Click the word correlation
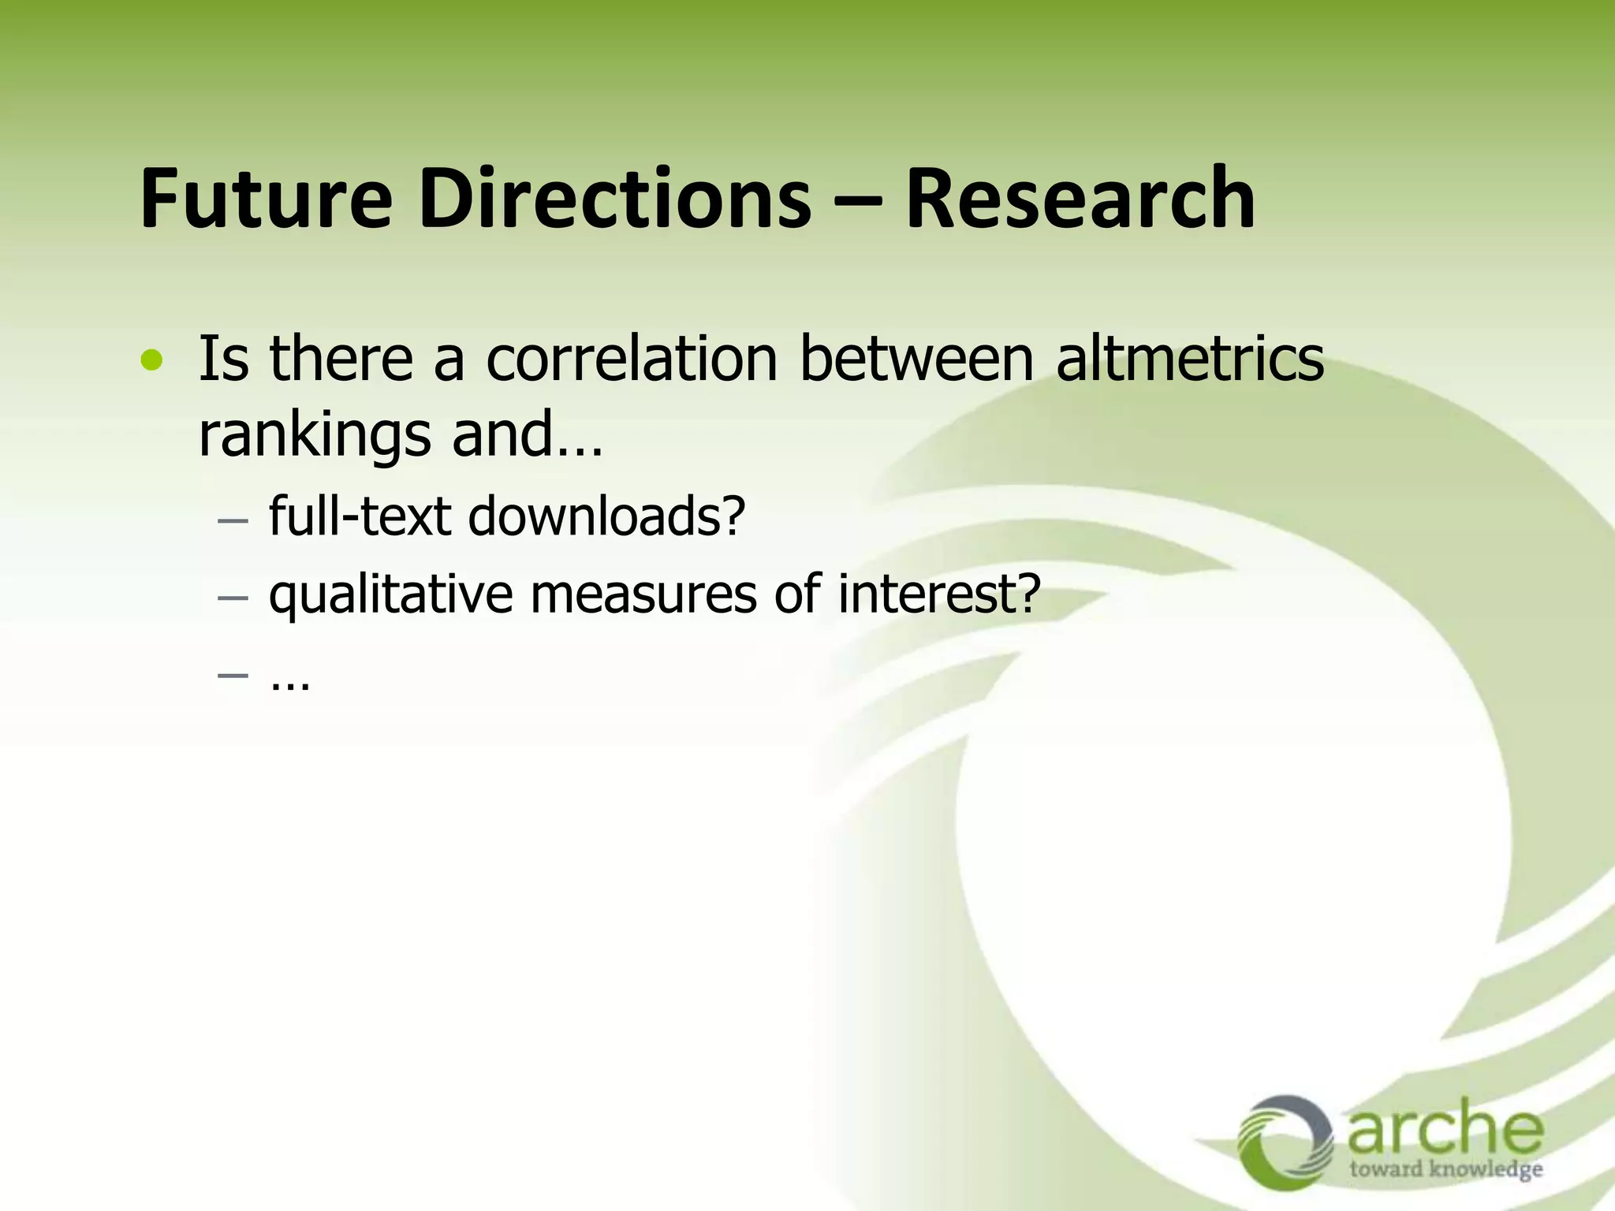click(x=631, y=360)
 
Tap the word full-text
click(x=360, y=516)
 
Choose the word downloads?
click(x=606, y=516)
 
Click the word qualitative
click(x=391, y=595)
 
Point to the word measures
click(x=643, y=595)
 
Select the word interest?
click(x=939, y=595)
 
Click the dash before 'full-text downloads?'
click(x=233, y=521)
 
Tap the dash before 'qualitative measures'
click(x=233, y=598)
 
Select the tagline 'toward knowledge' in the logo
click(x=1445, y=1168)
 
